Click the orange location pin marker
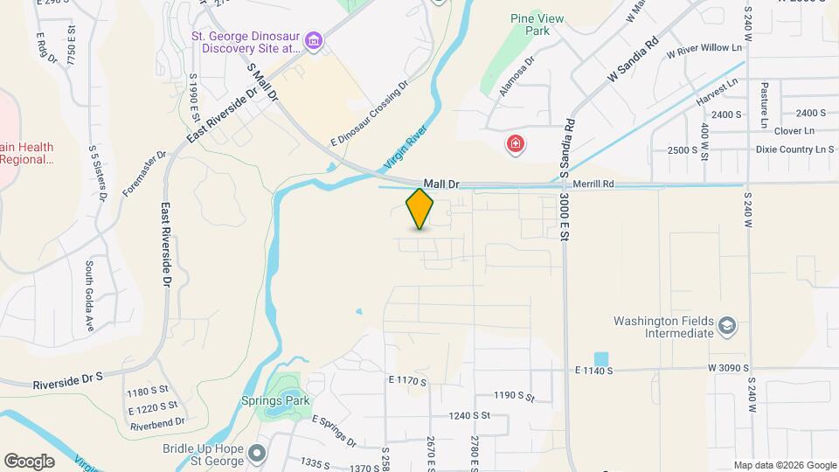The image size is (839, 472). pyautogui.click(x=420, y=208)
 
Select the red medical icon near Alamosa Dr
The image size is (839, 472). pyautogui.click(x=516, y=144)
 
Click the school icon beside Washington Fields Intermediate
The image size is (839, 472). pyautogui.click(x=726, y=327)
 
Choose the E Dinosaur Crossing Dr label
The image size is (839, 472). pyautogui.click(x=369, y=115)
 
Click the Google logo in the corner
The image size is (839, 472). pyautogui.click(x=29, y=461)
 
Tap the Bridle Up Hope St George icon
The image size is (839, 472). pyautogui.click(x=256, y=453)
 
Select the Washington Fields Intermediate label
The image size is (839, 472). pyautogui.click(x=662, y=327)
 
